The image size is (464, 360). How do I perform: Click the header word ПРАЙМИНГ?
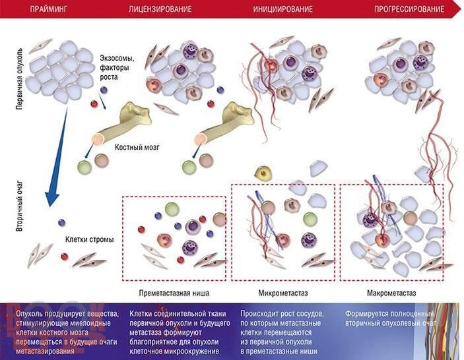49,9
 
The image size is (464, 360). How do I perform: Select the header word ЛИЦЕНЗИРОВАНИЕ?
160,9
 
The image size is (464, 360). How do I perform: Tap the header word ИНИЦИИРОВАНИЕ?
283,9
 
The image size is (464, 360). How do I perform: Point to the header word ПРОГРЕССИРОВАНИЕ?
409,9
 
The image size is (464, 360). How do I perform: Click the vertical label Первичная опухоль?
20,79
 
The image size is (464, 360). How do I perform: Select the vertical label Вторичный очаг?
20,206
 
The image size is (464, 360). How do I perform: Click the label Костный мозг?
137,147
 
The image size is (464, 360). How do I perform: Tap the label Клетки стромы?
89,239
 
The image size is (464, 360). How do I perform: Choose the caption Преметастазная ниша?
174,293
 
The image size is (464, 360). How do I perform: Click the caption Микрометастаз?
283,293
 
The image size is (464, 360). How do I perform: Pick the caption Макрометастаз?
391,293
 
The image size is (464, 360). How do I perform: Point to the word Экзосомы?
117,58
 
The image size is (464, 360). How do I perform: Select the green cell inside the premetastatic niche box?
172,209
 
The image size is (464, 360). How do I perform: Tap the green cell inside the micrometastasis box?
310,220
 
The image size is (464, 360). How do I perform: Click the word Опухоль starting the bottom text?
29,314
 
